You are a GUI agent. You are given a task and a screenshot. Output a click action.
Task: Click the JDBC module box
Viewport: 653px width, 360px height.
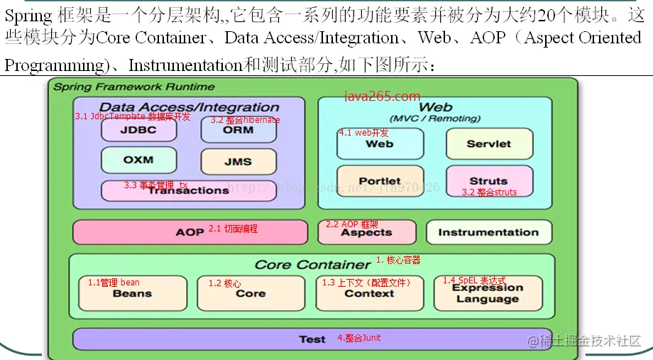coord(138,130)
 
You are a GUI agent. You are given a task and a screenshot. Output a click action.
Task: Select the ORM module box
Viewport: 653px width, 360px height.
coord(238,130)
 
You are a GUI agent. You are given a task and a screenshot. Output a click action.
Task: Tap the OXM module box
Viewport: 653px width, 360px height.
coord(138,160)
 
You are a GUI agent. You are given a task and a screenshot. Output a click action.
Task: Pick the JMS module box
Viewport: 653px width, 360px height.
coord(238,161)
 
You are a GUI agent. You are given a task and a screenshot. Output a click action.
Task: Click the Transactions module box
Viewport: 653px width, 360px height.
coord(188,190)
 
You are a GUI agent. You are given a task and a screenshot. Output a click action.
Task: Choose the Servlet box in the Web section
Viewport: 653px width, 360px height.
coord(489,143)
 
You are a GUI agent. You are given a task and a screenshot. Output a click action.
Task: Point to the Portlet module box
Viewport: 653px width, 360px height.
coord(380,181)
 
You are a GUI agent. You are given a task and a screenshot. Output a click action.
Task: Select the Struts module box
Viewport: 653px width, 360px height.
coord(489,181)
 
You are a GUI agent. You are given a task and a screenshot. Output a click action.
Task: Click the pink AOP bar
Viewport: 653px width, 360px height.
coord(190,232)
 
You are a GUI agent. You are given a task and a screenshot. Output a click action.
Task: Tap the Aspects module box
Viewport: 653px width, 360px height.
coord(366,232)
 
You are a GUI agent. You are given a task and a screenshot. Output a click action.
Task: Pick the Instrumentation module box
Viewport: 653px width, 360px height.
coord(488,232)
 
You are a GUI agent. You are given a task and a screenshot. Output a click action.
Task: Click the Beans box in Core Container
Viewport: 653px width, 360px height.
coord(132,293)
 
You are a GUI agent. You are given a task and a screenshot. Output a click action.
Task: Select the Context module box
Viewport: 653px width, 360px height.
coord(369,293)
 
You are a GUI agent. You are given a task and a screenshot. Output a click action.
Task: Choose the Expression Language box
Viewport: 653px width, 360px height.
coord(488,293)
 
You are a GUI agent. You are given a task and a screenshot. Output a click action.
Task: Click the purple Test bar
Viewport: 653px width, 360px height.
coord(312,339)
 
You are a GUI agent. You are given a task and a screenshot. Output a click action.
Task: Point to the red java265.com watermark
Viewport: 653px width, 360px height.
coord(383,96)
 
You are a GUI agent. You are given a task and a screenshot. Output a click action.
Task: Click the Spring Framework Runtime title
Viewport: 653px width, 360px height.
coord(134,87)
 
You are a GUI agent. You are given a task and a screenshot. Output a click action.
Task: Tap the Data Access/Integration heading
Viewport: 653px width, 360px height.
coord(189,107)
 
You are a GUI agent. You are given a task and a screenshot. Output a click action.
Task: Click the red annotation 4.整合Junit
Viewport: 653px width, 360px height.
coord(359,338)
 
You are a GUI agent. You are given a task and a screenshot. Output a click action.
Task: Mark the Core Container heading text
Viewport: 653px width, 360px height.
coord(312,264)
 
